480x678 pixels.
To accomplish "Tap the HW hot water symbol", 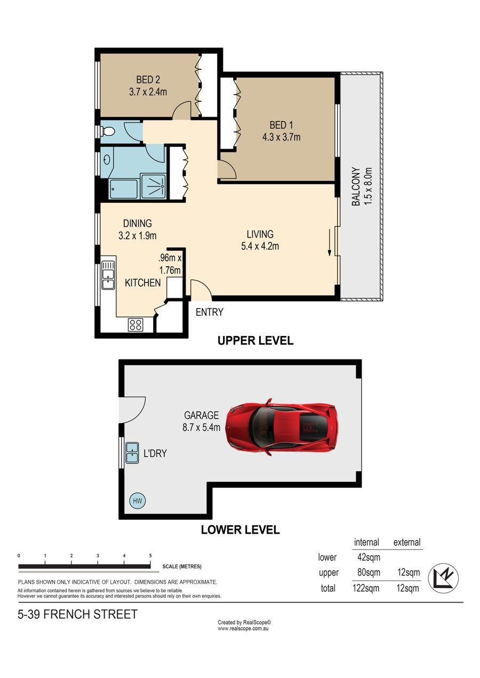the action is click(137, 501).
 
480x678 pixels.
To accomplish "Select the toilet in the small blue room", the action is click(107, 132).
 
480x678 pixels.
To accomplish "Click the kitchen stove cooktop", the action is click(135, 325).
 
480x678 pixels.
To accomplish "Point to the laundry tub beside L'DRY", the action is click(132, 453).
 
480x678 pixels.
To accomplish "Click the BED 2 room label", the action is click(148, 79).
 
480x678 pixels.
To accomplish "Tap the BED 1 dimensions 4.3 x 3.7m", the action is click(281, 137).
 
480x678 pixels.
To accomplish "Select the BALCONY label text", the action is click(356, 186).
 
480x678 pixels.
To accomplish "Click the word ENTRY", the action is click(210, 312).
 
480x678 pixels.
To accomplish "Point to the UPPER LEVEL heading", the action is click(255, 341).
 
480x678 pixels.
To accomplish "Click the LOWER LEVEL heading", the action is click(241, 530).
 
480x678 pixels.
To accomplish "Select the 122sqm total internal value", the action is click(366, 589).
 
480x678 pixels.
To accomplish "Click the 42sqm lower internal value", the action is click(369, 557).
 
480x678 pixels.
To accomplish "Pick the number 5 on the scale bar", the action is click(150, 556).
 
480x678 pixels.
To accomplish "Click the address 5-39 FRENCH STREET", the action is click(77, 614).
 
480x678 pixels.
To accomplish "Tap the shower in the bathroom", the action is click(154, 186).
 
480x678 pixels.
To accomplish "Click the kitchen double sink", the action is click(108, 275).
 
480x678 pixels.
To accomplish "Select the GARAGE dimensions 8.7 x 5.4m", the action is click(201, 427).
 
